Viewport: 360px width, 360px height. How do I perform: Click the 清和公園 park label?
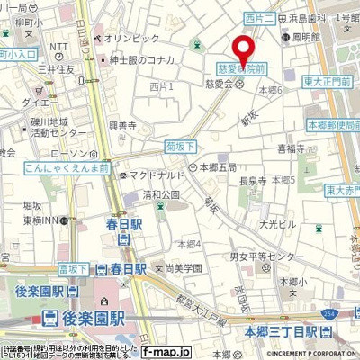pos(159,191)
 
